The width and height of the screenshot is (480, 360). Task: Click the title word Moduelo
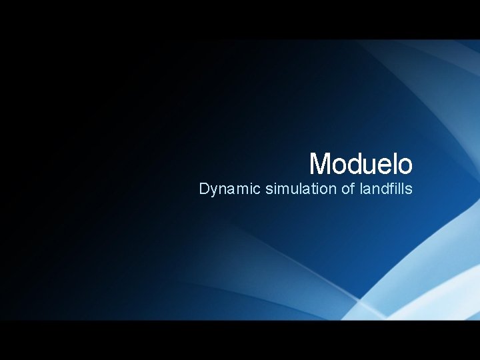pos(361,163)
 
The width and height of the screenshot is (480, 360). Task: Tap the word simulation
pos(301,189)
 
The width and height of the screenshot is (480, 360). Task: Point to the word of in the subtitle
pos(348,189)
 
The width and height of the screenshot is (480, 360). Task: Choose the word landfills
pos(386,189)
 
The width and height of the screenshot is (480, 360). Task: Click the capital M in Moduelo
pos(321,163)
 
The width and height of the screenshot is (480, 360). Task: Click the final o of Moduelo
pos(404,165)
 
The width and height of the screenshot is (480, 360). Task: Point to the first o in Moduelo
pos(339,165)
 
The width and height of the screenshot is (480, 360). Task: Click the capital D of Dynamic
pos(204,189)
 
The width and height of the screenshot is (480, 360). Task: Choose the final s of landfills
pos(409,190)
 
